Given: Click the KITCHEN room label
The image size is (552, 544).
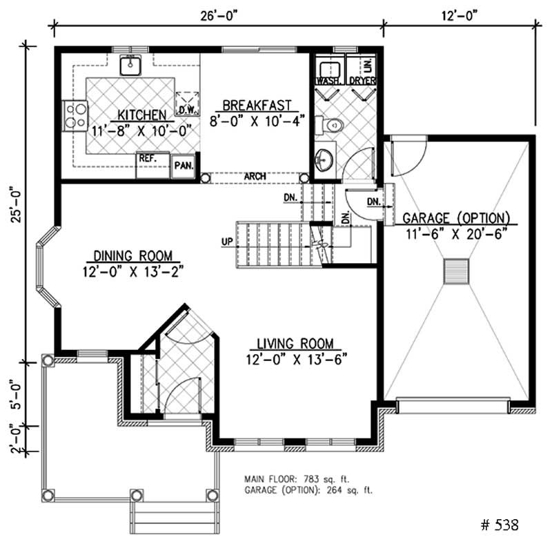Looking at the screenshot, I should [x=141, y=114].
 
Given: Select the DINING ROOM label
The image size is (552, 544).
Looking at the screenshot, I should [x=132, y=255].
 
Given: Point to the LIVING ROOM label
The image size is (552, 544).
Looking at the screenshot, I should [x=295, y=343].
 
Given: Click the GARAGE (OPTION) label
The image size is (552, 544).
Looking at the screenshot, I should [x=456, y=218].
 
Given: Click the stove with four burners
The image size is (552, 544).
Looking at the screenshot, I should [x=74, y=115].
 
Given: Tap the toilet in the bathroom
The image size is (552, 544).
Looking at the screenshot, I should [x=331, y=125].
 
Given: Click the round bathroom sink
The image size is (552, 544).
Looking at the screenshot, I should [x=324, y=159].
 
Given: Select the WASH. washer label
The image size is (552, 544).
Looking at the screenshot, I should [x=328, y=81].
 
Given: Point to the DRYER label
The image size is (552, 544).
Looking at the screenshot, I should [x=362, y=81].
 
